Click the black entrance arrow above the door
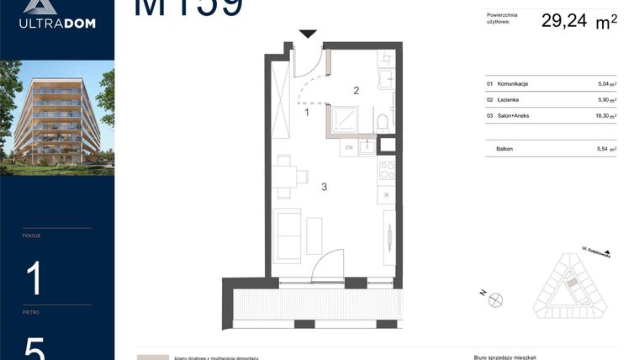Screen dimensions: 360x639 309,34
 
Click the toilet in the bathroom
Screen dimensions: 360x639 383,120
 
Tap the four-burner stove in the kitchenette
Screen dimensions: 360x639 387,170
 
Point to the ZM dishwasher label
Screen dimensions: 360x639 348,147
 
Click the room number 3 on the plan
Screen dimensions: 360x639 324,187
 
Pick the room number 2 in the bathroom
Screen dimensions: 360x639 356,90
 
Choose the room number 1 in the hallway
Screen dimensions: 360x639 307,111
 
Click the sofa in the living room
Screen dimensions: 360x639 288,236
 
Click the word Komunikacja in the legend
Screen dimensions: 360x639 513,84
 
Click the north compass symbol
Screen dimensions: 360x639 495,297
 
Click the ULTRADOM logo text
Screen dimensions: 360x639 57,24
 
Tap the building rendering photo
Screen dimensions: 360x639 57,117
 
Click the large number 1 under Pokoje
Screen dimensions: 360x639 34,278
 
